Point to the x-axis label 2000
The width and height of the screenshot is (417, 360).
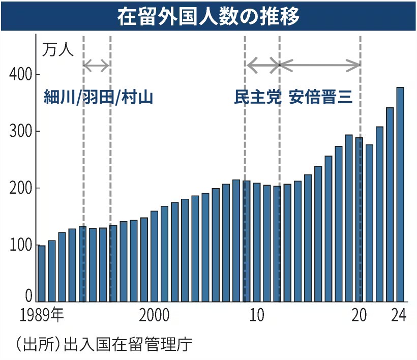(154, 316)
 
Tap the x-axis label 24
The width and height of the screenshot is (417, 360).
(399, 316)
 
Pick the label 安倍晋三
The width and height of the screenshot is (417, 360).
(321, 97)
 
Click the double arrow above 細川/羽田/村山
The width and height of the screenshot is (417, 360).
(97, 65)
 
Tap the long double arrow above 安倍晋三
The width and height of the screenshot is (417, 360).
(320, 65)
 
